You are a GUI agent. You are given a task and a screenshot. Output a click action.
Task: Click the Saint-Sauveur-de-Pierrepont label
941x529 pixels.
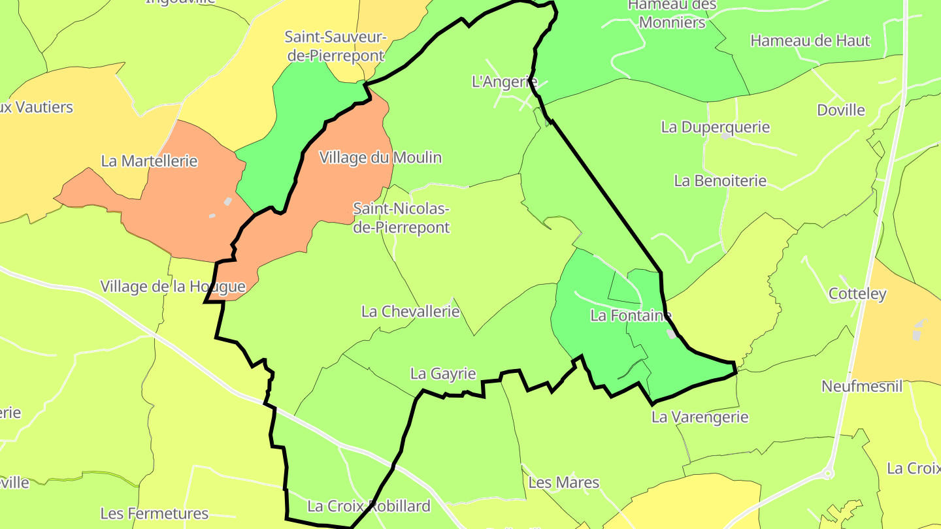336,46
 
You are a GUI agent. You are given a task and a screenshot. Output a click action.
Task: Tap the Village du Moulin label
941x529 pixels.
380,157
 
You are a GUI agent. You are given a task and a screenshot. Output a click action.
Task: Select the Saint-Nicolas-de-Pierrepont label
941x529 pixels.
401,218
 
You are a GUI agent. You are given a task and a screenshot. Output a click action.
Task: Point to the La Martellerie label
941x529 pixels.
149,161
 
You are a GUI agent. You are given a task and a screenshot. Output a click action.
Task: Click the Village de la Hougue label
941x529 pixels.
173,286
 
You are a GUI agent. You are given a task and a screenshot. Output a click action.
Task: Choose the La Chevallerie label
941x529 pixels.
410,312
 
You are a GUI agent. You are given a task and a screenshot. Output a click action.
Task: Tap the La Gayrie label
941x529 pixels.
443,374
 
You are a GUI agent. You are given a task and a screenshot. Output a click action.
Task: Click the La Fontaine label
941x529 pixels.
631,315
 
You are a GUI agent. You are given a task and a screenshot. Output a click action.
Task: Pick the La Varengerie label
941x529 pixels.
700,417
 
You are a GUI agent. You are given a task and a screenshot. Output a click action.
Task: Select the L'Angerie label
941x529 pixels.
504,82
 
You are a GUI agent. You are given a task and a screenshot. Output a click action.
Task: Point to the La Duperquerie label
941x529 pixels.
716,127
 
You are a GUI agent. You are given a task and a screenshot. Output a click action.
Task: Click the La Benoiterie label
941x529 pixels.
720,180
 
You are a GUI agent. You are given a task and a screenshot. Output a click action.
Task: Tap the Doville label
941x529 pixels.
841,110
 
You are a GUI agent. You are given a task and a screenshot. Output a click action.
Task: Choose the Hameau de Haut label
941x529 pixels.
810,40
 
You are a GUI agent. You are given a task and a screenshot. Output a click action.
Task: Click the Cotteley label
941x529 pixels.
857,293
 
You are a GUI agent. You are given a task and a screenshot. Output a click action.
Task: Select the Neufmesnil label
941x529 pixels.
862,386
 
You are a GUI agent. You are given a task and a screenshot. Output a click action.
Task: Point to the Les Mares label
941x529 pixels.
563,483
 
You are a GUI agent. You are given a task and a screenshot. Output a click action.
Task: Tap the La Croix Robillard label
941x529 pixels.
369,506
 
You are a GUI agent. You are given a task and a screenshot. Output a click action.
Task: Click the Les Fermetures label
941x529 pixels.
154,513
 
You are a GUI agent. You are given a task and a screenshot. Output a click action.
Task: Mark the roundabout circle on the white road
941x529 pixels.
829,473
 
